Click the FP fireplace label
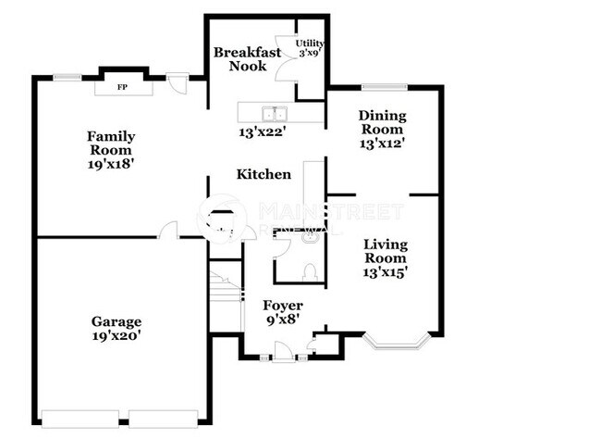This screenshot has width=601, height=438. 122,88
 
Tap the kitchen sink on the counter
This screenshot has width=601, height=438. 274,114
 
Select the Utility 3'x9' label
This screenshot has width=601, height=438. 309,48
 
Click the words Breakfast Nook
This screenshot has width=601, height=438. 247,59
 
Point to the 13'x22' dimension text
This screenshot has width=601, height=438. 264,132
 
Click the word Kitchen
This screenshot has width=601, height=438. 264,174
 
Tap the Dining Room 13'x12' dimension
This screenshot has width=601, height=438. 382,144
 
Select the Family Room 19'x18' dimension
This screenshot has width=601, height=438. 110,164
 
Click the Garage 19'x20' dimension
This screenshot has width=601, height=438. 116,336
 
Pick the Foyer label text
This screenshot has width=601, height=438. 282,306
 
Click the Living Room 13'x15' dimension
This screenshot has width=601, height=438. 386,272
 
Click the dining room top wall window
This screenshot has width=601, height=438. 384,87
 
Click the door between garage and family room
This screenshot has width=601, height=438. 168,231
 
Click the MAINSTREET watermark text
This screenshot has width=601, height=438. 330,210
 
